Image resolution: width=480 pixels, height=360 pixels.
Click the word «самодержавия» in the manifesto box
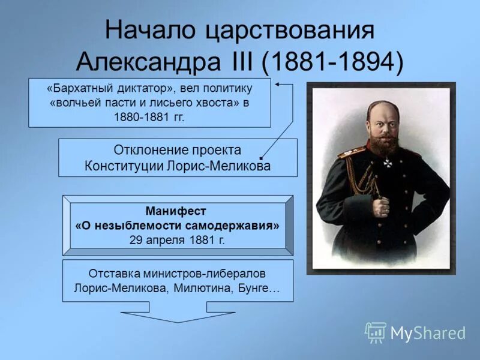coord(240,226)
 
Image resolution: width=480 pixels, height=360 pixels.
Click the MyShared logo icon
coord(376,332)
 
